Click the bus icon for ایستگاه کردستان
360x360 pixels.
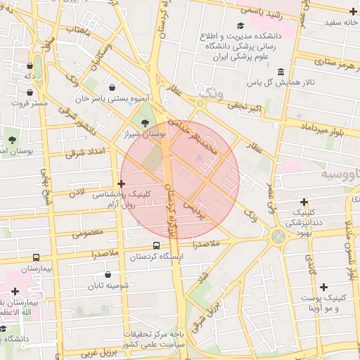click(156, 246)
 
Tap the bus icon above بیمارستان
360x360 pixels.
click(36, 258)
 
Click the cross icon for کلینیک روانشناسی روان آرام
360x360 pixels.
click(121, 184)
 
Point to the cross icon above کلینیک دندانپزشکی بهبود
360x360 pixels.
click(304, 201)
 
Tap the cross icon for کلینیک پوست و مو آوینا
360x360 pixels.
click(323, 287)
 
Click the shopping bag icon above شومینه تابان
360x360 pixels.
click(108, 275)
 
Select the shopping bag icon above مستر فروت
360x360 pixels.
click(30, 92)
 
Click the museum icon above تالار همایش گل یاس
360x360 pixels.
click(281, 72)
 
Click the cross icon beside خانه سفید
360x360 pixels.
click(353, 12)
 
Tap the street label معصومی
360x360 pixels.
click(87, 232)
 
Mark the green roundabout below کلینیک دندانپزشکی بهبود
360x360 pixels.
click(278, 236)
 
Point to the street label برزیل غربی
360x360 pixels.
click(96, 353)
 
